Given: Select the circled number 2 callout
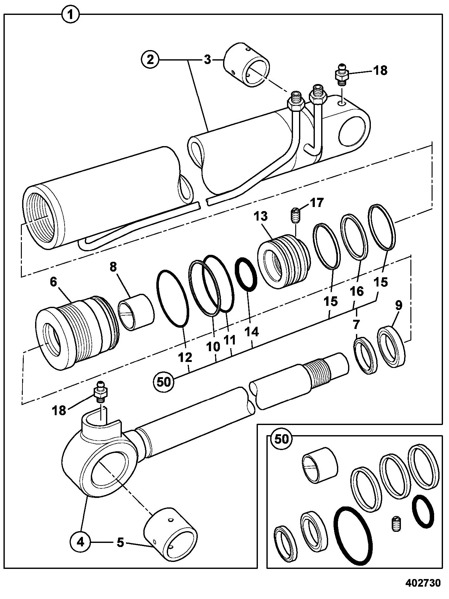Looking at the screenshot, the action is [151, 60].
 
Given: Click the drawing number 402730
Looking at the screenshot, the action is [423, 583].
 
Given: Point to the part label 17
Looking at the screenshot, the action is [317, 202].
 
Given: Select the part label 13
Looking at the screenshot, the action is [261, 216].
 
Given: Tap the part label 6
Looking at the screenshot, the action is [53, 282].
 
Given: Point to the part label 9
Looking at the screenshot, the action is [398, 305].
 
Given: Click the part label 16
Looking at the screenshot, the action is [357, 291].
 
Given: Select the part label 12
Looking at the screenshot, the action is [185, 357].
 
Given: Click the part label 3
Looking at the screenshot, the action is [207, 60].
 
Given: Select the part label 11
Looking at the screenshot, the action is [230, 340].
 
